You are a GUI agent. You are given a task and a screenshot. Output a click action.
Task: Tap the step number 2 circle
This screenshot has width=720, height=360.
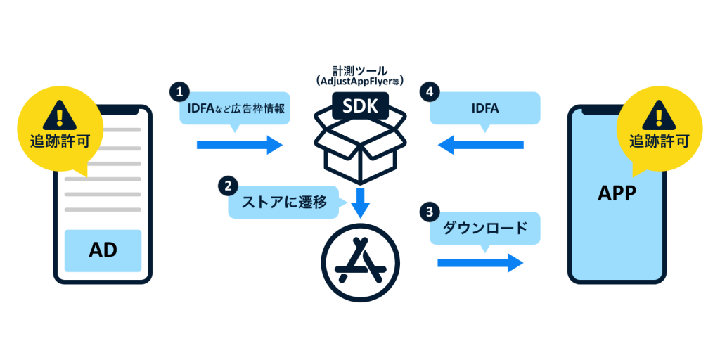coord(227,186)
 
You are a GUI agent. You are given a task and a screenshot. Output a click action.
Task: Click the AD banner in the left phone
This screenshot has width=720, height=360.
coord(103,250)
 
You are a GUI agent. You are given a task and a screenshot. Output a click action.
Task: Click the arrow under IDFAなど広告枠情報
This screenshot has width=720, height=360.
coord(239,145)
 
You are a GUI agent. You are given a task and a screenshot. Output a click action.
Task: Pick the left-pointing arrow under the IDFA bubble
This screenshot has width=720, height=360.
coord(481,145)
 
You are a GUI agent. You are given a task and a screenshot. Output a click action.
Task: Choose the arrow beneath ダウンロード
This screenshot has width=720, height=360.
coord(480,262)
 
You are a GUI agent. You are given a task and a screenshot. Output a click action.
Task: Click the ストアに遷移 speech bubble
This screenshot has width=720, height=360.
coord(284,202)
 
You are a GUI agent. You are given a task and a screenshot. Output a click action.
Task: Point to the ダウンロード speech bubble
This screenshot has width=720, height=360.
coord(484,228)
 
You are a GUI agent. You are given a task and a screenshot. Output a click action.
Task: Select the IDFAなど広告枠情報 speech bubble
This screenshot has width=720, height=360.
coord(234,108)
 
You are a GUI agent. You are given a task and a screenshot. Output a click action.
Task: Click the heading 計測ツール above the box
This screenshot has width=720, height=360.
coord(360,71)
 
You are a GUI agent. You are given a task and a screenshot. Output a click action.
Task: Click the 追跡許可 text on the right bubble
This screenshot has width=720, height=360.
coord(658,138)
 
